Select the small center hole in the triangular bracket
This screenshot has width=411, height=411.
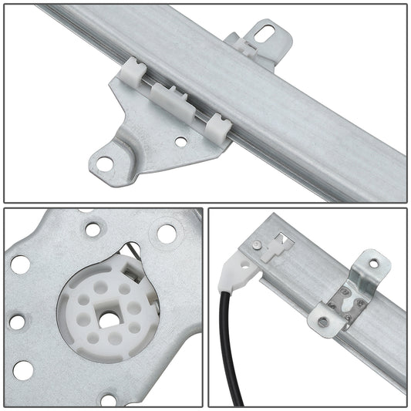[x=180, y=142]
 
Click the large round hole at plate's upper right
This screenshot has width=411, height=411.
[x=165, y=232]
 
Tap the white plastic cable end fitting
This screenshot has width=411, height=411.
[x=234, y=274]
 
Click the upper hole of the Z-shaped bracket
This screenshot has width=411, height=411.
[x=374, y=263]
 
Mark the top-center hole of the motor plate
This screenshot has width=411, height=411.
[x=93, y=229]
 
